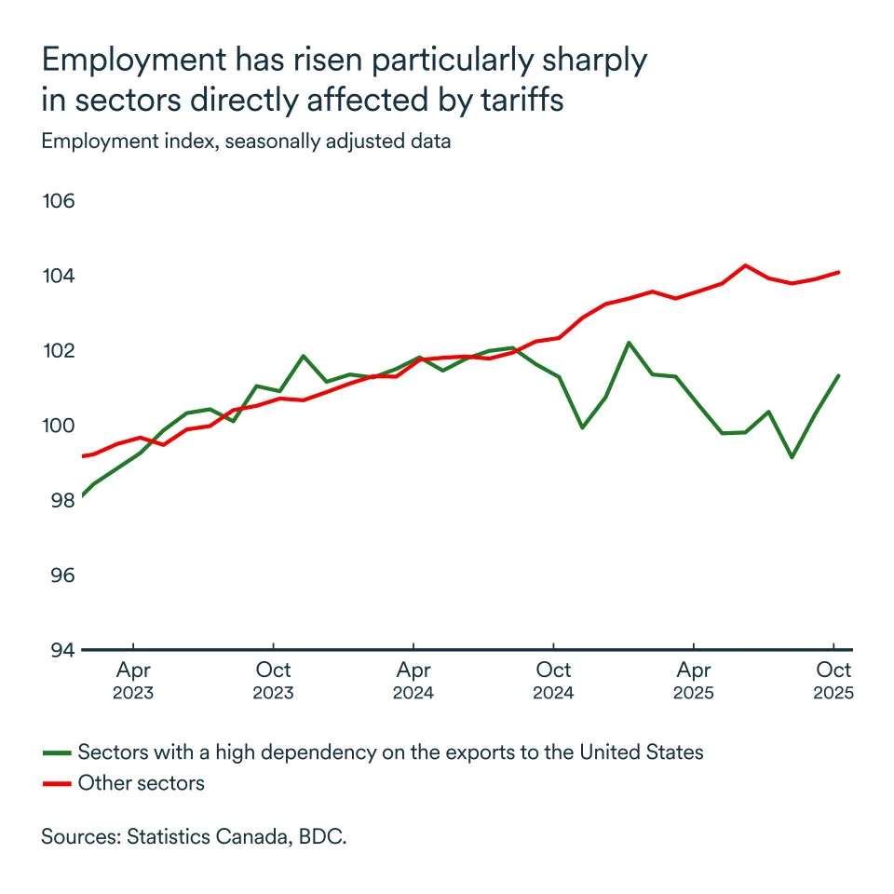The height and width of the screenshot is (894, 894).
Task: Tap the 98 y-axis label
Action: click(x=61, y=500)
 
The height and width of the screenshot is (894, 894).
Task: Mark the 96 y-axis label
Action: click(x=61, y=575)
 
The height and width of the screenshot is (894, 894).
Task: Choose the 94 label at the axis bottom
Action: click(x=61, y=649)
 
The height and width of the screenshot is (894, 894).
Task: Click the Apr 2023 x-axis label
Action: click(x=134, y=680)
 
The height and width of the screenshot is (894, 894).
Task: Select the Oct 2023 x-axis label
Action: click(x=274, y=680)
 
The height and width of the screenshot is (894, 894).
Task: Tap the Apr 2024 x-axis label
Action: click(x=413, y=680)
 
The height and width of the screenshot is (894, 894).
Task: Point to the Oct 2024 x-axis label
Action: click(x=554, y=680)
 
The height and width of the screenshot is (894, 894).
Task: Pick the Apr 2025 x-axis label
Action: click(x=694, y=680)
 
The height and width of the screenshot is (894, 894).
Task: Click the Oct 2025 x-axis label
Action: click(x=833, y=680)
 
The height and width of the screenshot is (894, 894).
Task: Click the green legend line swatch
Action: click(x=57, y=752)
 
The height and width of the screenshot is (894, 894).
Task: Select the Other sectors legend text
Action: click(x=141, y=782)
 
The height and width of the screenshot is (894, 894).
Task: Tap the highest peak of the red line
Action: click(x=745, y=265)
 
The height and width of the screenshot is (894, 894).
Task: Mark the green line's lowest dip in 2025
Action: click(x=792, y=457)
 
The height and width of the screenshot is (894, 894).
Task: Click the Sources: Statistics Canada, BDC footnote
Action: click(x=194, y=836)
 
